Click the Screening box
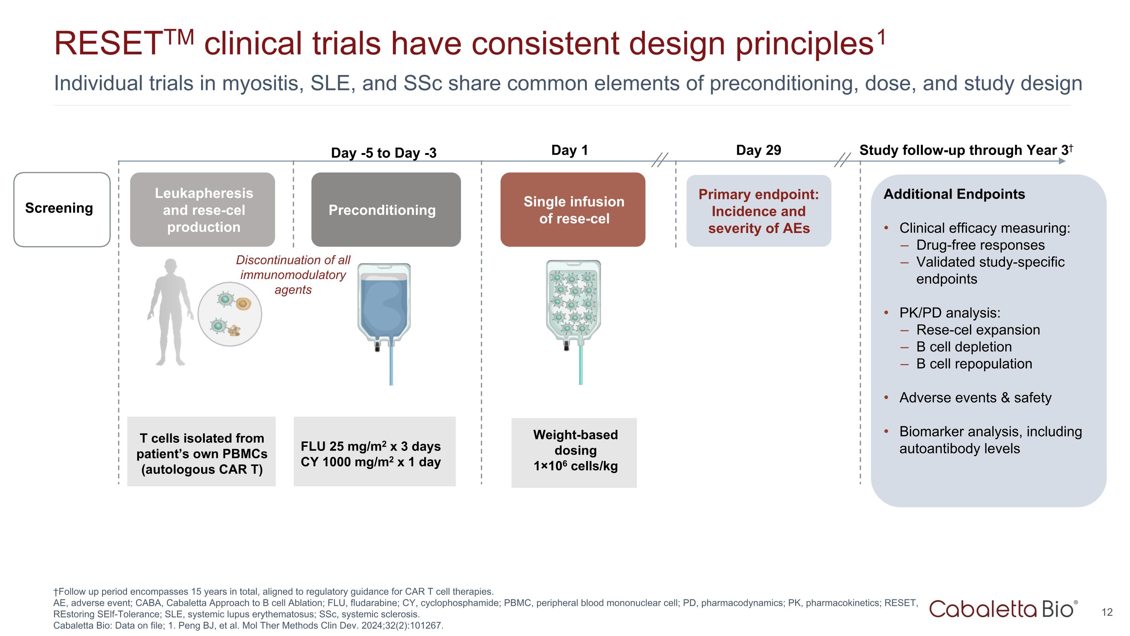[x=61, y=209]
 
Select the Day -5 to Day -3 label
[x=383, y=153]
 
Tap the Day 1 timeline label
[x=569, y=150]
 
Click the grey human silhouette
[x=170, y=312]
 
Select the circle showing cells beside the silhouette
[x=229, y=314]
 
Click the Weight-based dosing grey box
[x=574, y=452]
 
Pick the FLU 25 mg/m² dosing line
[x=370, y=446]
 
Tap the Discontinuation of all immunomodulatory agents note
[x=293, y=275]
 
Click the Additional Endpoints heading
[x=954, y=194]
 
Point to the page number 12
[x=1106, y=612]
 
